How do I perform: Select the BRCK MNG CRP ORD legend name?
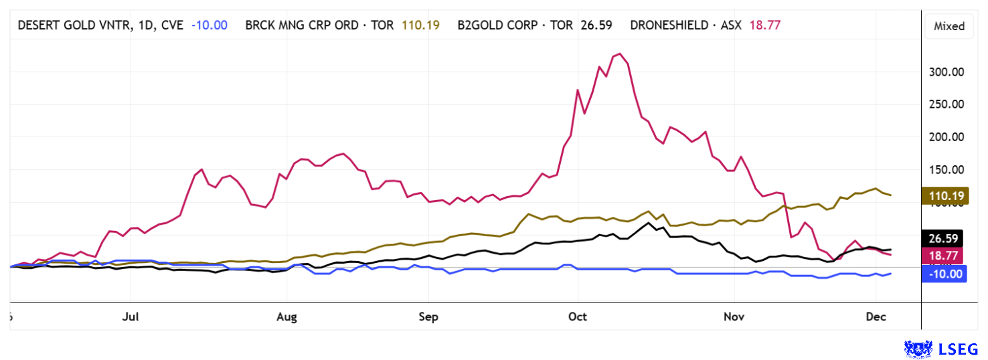point(321,25)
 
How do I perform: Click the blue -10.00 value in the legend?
point(209,25)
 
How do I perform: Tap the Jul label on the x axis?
point(131,317)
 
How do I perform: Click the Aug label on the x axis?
point(286,317)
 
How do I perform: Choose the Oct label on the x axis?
point(577,317)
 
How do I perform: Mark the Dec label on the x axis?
point(878,317)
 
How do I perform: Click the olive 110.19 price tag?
point(944,195)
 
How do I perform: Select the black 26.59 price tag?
point(944,238)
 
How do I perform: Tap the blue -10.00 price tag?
point(944,273)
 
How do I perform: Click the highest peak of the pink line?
point(620,54)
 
